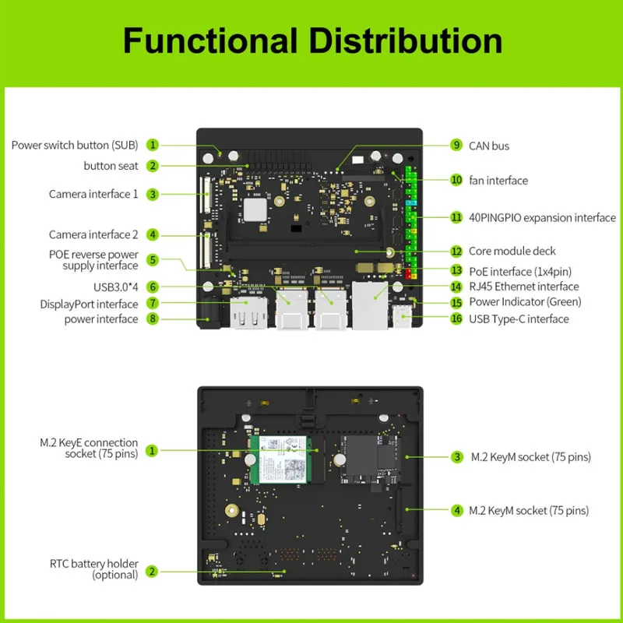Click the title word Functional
pyautogui.click(x=206, y=40)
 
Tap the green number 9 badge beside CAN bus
pyautogui.click(x=456, y=146)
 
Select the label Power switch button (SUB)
pyautogui.click(x=74, y=145)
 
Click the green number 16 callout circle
pyautogui.click(x=456, y=319)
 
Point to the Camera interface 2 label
pyautogui.click(x=93, y=234)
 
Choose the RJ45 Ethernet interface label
pyautogui.click(x=523, y=287)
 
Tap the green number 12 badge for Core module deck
pyautogui.click(x=456, y=252)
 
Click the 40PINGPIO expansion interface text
pyautogui.click(x=542, y=217)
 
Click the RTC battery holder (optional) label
pyautogui.click(x=93, y=569)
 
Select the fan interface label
pyautogui.click(x=498, y=180)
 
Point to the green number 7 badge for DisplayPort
pyautogui.click(x=153, y=303)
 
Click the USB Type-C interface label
pyautogui.click(x=519, y=319)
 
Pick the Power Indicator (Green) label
pyautogui.click(x=525, y=301)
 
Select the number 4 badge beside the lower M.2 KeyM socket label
pyautogui.click(x=456, y=511)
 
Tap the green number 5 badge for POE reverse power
pyautogui.click(x=153, y=260)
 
